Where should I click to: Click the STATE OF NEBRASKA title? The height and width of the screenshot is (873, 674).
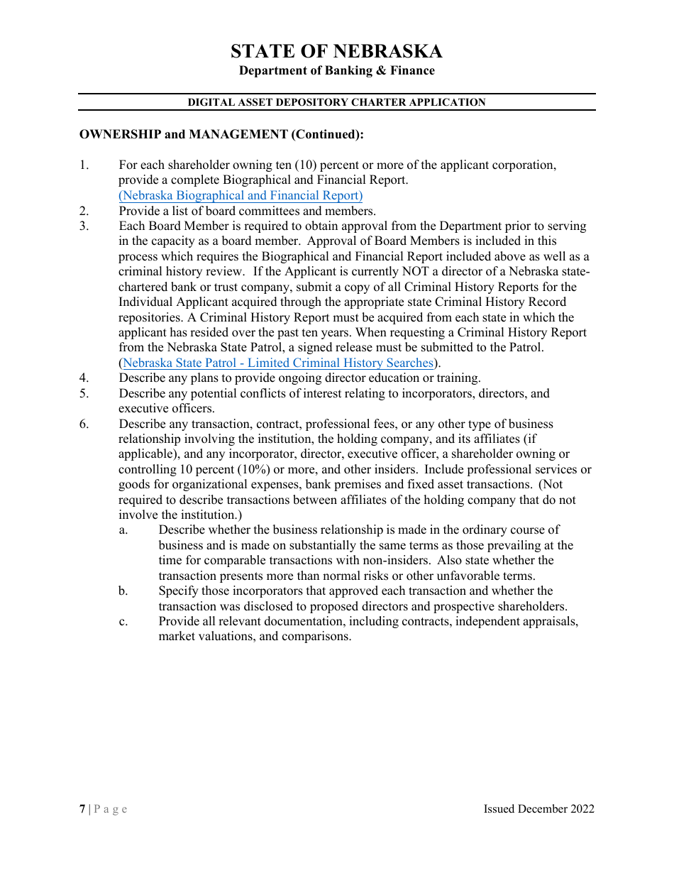point(336,51)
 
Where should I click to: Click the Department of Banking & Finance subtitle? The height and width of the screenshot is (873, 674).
point(336,70)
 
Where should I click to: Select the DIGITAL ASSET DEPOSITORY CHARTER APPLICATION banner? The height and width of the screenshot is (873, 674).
point(336,102)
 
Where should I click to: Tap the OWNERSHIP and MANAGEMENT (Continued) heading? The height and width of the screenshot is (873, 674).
point(221,134)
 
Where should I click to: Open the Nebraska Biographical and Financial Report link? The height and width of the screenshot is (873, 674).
point(241,196)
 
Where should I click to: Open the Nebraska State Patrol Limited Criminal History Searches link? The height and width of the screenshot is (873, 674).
point(278,363)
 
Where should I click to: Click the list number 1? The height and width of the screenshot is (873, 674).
point(84,165)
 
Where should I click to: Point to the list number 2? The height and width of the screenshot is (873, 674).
point(84,211)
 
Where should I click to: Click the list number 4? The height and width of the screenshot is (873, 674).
point(84,378)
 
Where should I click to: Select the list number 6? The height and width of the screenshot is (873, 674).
point(84,424)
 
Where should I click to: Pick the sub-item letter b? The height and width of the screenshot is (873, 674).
point(123,591)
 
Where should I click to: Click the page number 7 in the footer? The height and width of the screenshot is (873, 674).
point(82,809)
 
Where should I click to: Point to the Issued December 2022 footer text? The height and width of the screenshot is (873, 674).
point(539,809)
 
